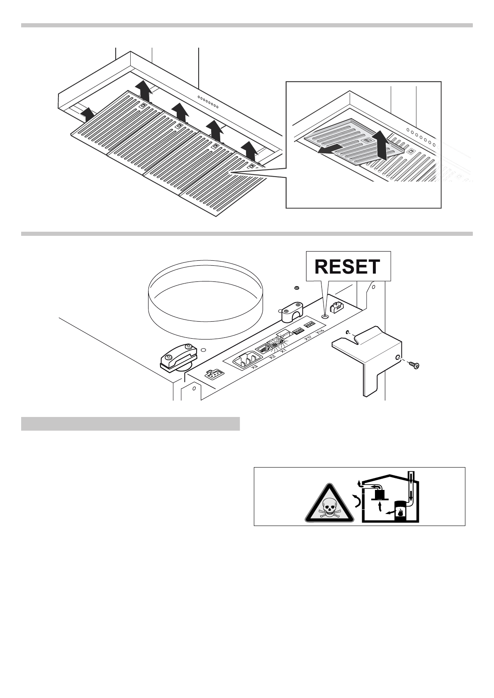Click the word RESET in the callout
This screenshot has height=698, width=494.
point(347,267)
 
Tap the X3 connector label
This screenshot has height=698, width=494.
point(254,366)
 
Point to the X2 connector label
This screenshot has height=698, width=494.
point(272,357)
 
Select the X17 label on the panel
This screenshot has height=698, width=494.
point(308,339)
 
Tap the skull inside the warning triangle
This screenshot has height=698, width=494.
point(329,508)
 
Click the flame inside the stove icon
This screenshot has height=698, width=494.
point(401,513)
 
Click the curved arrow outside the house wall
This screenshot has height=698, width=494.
point(356,501)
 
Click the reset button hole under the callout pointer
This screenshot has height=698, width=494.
point(325,317)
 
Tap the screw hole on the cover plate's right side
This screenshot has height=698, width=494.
point(398,357)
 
